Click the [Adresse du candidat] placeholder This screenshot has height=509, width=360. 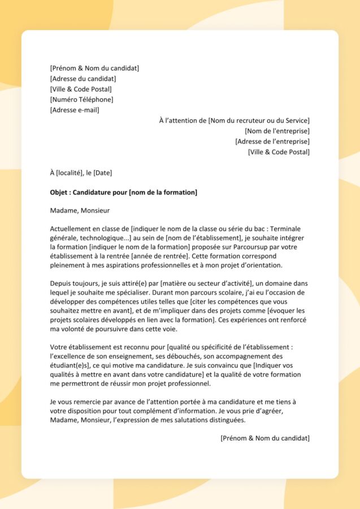point(83,79)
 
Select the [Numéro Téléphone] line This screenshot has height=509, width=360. point(81,100)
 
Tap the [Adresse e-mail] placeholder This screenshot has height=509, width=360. point(75,110)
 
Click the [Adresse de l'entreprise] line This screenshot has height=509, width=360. point(272,141)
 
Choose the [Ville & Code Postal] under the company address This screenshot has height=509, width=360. point(279,152)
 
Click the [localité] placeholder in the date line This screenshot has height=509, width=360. point(71,172)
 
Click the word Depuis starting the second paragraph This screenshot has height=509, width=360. point(61,283)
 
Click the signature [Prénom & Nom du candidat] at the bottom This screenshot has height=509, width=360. point(265,438)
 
